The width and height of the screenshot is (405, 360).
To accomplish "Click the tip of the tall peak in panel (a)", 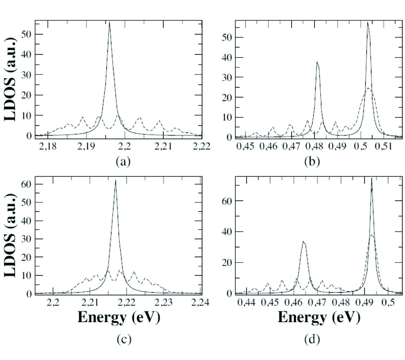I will coord(109,22).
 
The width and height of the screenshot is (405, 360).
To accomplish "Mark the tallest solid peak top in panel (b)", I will coord(368,22).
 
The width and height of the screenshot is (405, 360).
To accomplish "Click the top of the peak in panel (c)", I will coord(116,181).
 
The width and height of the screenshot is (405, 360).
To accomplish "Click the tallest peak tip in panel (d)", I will coord(372,179).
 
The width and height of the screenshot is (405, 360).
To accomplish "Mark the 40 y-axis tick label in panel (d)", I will coord(227,232).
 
